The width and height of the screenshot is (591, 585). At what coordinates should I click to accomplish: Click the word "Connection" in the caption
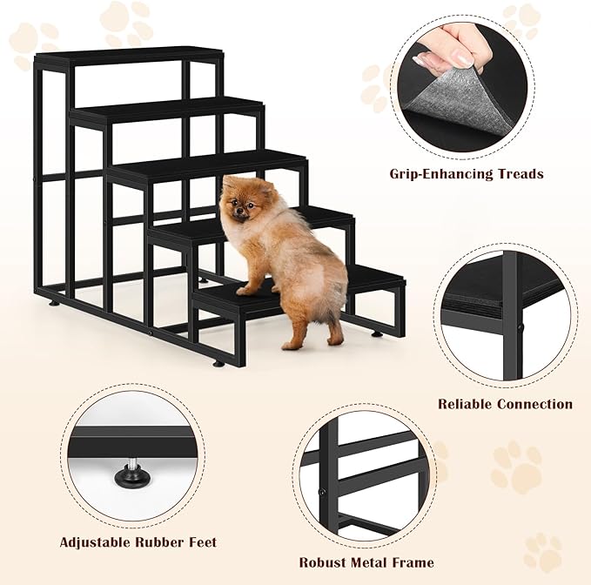click(x=535, y=404)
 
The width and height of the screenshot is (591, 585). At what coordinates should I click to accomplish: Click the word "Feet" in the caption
click(x=200, y=542)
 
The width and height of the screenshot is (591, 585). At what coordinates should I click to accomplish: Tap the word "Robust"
click(x=325, y=562)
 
